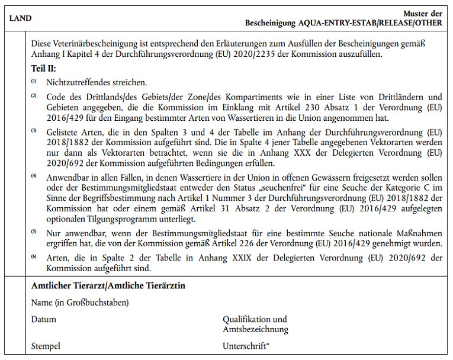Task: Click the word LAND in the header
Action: [x=21, y=18]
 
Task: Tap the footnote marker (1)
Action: [x=34, y=81]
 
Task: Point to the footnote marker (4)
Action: [x=34, y=176]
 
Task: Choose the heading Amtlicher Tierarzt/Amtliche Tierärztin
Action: [x=108, y=286]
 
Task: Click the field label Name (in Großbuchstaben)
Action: [x=80, y=303]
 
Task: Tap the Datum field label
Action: [x=44, y=320]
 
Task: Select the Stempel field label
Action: [x=46, y=346]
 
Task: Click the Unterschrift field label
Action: [x=245, y=346]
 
